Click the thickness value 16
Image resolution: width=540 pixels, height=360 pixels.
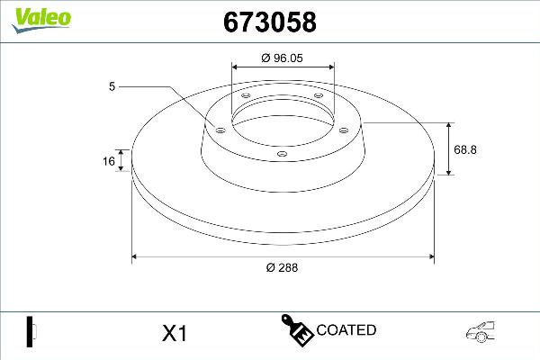pyautogui.click(x=109, y=162)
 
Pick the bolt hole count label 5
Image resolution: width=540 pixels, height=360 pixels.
pyautogui.click(x=112, y=86)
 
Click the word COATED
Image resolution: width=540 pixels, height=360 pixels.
pyautogui.click(x=346, y=330)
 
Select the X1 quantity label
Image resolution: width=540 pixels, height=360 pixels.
pyautogui.click(x=173, y=333)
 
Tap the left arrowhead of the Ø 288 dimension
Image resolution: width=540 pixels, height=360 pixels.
pyautogui.click(x=136, y=257)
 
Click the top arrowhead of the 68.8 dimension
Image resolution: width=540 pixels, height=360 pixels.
pyautogui.click(x=450, y=124)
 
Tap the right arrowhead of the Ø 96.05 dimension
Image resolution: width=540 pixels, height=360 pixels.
pyautogui.click(x=332, y=65)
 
